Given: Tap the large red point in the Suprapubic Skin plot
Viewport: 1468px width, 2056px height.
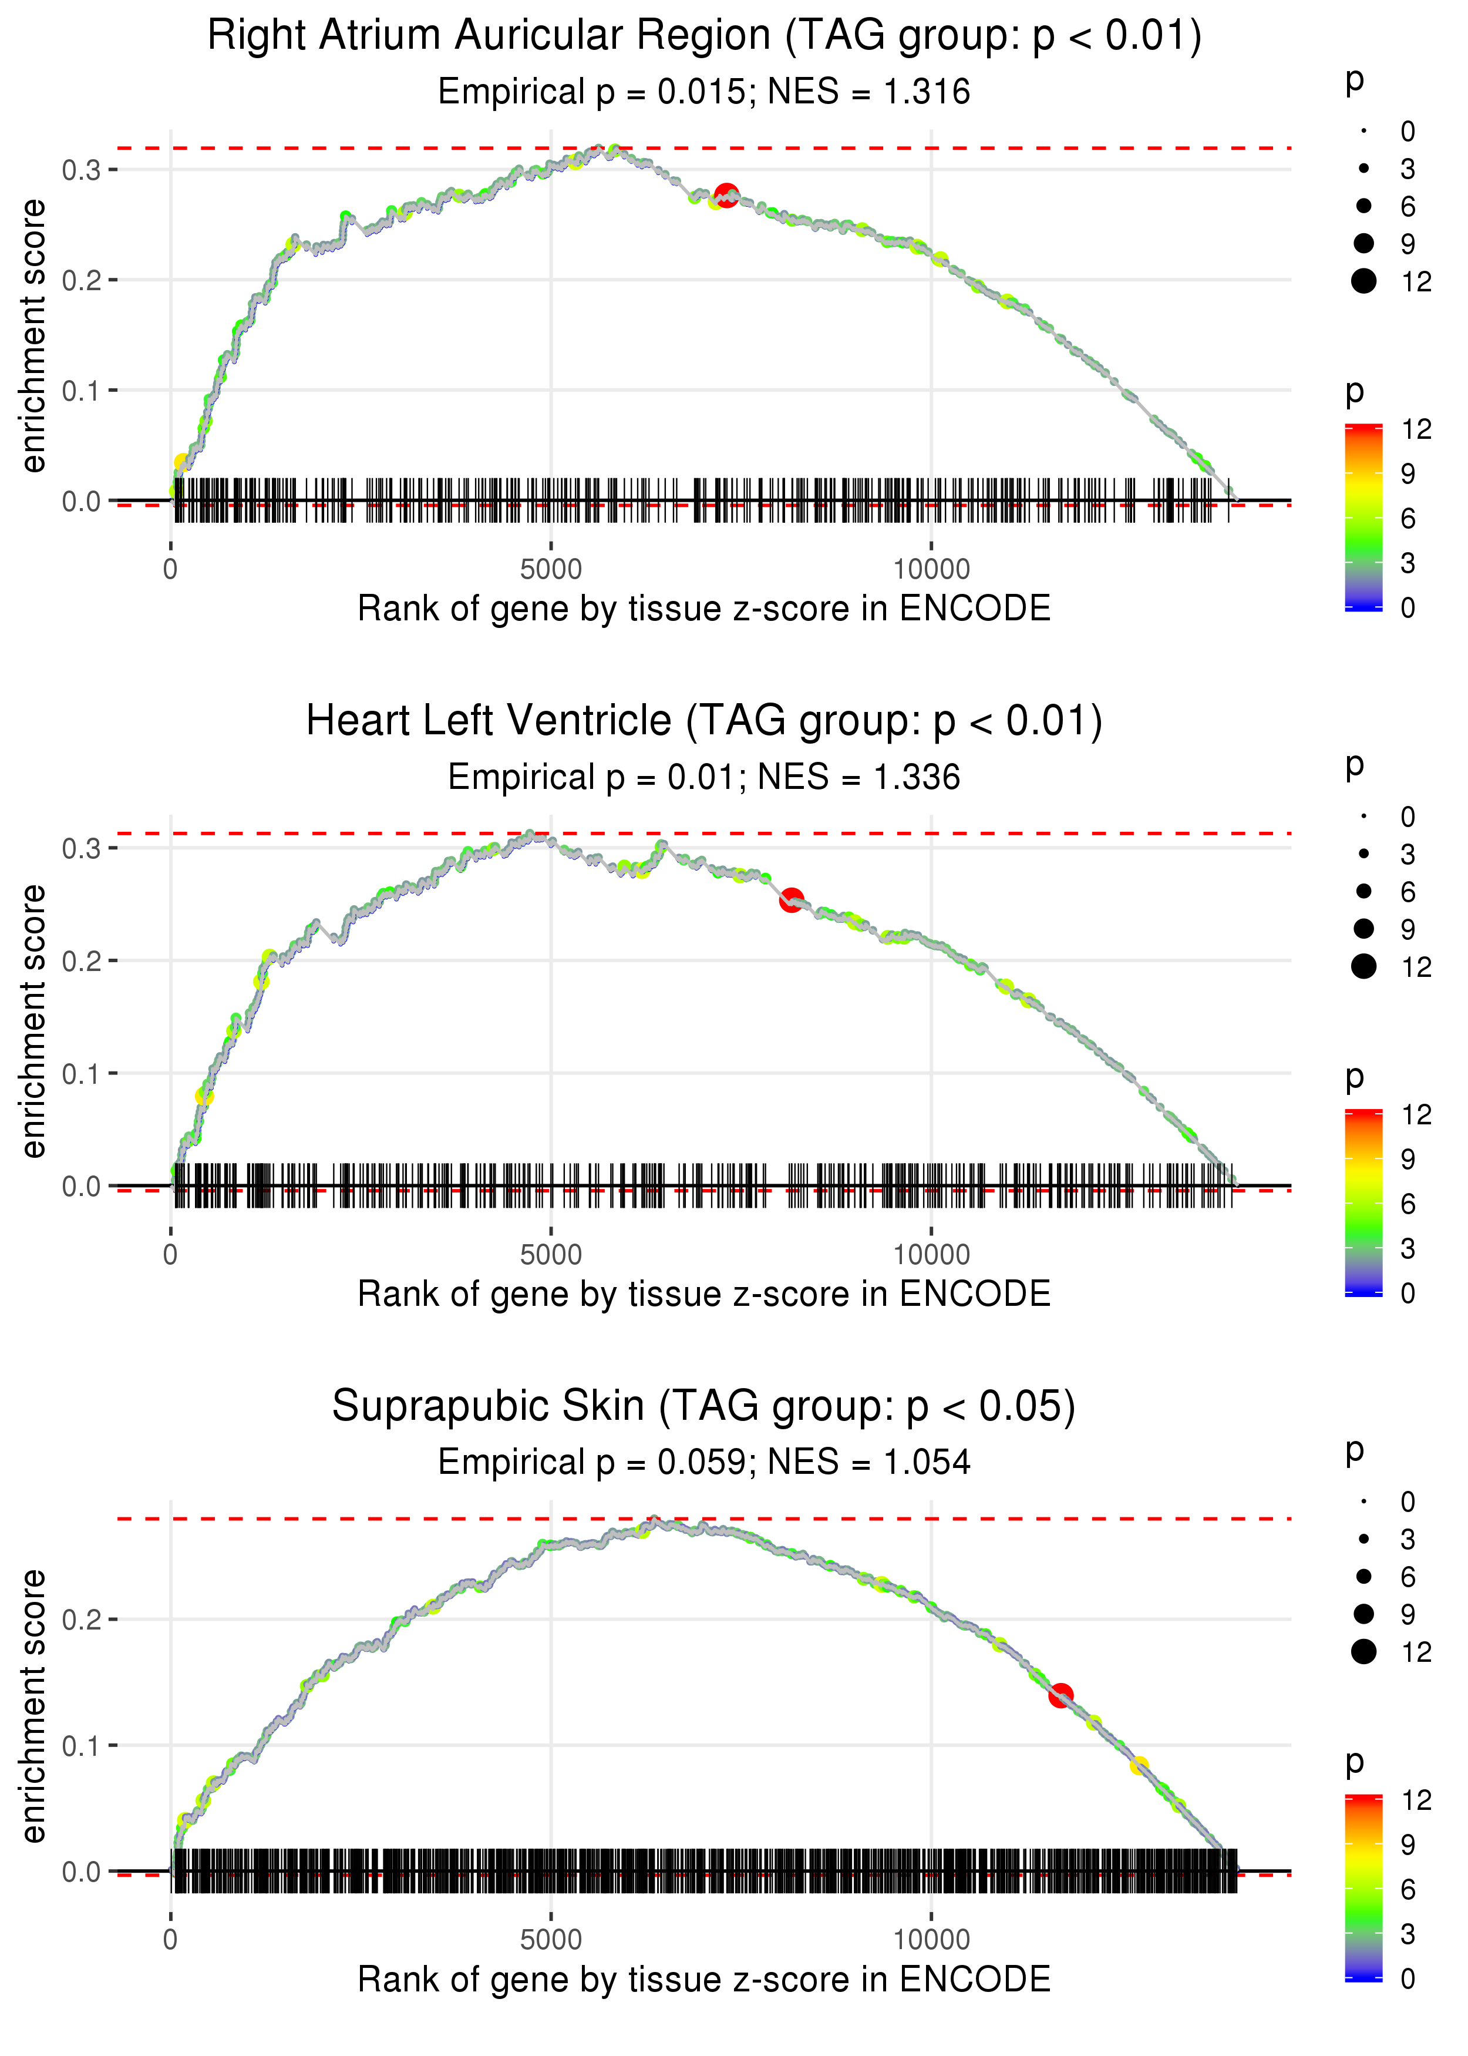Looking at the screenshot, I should (1060, 1695).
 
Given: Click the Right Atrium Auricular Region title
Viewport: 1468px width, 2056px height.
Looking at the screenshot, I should (704, 36).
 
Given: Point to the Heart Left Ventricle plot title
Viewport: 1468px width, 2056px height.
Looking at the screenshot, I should (704, 721).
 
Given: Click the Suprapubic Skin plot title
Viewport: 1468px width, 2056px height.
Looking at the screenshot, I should (704, 1407).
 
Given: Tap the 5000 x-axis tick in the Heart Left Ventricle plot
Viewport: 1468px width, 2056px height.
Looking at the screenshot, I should (551, 1255).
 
